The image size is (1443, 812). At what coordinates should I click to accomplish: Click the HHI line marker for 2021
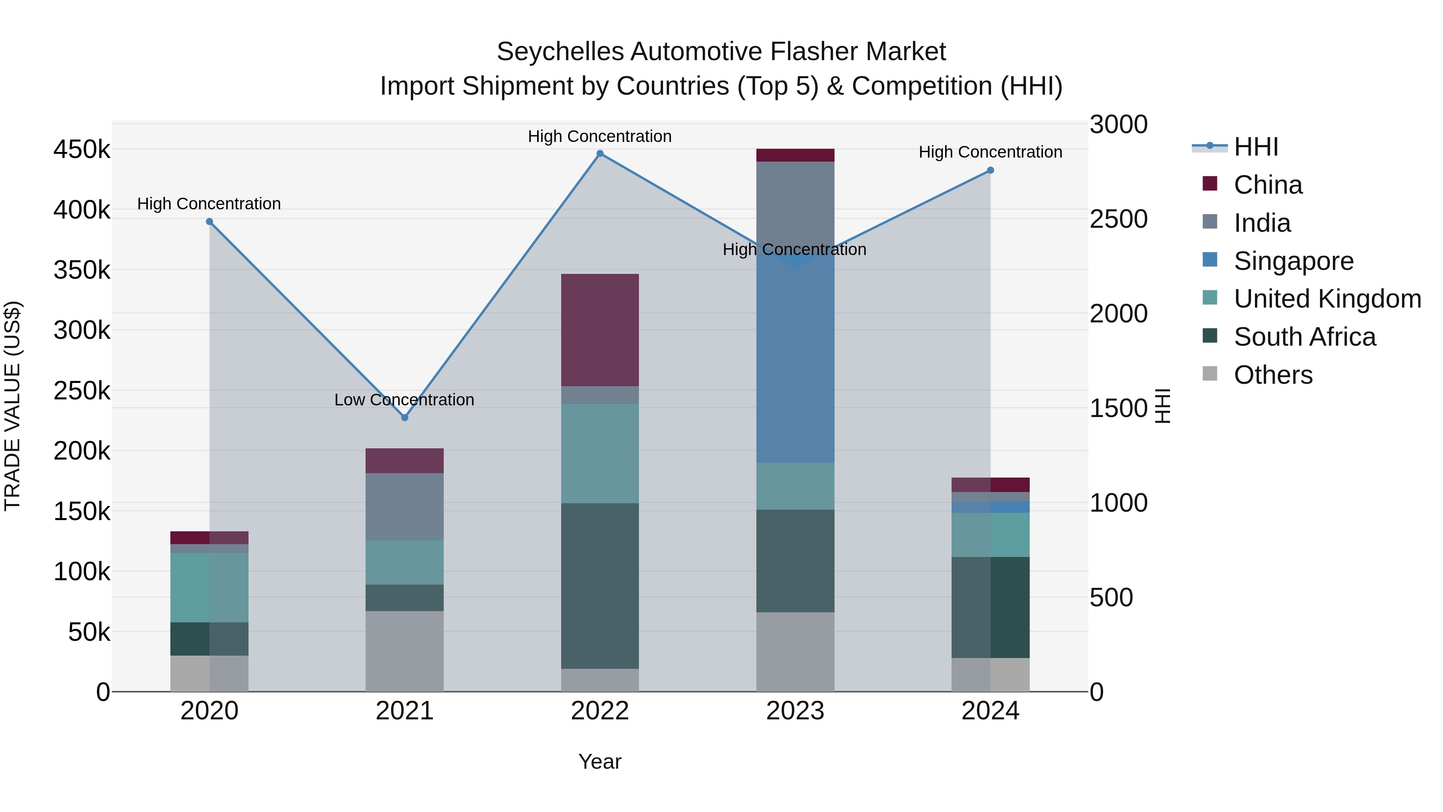[x=404, y=417]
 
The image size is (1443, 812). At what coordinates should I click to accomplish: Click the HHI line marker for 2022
[x=600, y=154]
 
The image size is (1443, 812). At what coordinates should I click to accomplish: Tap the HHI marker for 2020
[x=210, y=222]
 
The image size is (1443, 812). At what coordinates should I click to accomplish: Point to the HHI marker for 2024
[x=990, y=170]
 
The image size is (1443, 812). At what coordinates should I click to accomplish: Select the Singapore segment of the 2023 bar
[x=795, y=358]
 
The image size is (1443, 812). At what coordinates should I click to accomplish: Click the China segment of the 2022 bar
[x=600, y=330]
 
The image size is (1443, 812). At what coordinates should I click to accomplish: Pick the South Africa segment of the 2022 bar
[x=600, y=585]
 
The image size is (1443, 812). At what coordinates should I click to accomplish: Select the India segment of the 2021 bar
[x=404, y=506]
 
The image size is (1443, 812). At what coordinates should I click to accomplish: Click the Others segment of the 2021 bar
[x=404, y=651]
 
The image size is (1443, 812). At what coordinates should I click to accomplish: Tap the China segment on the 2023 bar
[x=795, y=155]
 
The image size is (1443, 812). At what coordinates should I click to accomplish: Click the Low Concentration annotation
[x=404, y=400]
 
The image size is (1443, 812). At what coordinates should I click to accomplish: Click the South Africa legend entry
[x=1304, y=337]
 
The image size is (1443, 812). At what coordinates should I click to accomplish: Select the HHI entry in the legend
[x=1255, y=147]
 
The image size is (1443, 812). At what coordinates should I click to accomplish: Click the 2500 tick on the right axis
[x=1118, y=219]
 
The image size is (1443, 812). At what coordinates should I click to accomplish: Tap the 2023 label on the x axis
[x=795, y=711]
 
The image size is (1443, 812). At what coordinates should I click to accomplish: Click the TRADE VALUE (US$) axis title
[x=12, y=406]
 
